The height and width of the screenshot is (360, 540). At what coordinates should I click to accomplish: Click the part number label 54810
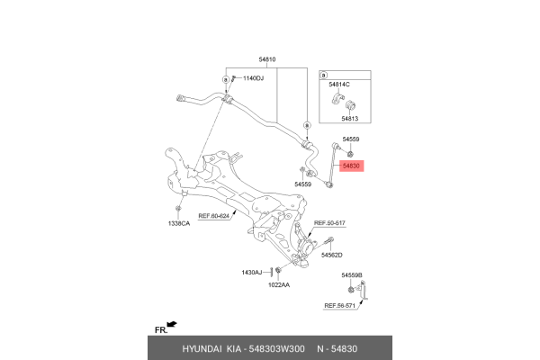[x=267, y=59]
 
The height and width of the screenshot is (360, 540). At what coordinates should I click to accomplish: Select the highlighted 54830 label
[x=351, y=166]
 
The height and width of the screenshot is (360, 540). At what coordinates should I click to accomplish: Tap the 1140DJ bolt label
[x=253, y=78]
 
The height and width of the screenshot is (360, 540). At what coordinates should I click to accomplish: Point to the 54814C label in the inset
[x=339, y=85]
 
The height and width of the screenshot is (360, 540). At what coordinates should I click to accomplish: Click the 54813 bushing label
[x=350, y=119]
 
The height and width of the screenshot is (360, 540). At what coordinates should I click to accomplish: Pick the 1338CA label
[x=179, y=223]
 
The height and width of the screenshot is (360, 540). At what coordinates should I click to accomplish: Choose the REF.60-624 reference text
[x=213, y=216]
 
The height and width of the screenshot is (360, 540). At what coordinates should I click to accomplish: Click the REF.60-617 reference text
[x=329, y=223]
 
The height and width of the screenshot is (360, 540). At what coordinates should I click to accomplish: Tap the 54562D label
[x=331, y=255]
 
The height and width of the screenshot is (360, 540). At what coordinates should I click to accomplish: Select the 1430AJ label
[x=252, y=273]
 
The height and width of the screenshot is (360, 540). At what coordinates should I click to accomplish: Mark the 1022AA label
[x=279, y=285]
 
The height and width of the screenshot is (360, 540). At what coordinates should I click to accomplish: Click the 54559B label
[x=352, y=275]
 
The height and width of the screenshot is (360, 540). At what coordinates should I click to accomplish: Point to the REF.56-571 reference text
[x=339, y=306]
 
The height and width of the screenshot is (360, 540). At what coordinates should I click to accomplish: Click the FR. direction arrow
[x=172, y=324]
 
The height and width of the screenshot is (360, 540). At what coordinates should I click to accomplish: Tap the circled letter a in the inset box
[x=323, y=75]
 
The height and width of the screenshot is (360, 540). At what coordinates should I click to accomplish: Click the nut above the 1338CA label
[x=178, y=209]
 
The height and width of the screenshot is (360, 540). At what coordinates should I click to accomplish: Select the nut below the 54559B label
[x=351, y=290]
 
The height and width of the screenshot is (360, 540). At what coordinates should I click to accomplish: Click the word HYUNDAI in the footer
[x=202, y=349]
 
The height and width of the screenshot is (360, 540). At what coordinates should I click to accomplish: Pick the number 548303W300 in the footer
[x=276, y=349]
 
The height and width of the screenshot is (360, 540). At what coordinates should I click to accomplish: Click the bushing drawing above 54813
[x=351, y=104]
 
